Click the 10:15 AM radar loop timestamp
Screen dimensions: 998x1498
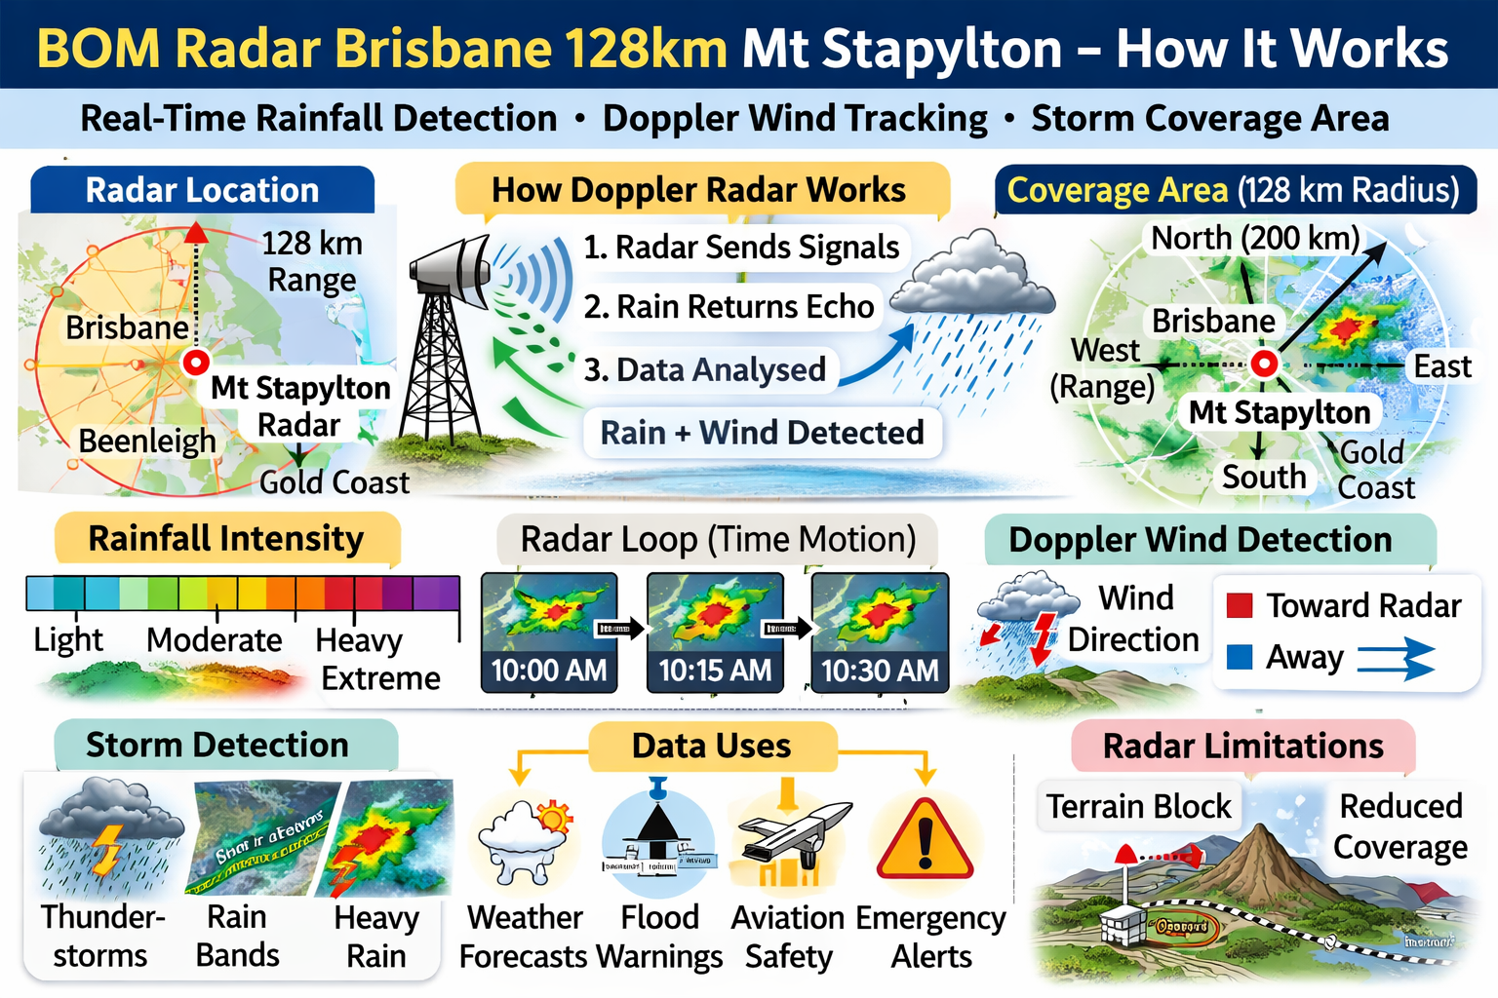click(x=715, y=671)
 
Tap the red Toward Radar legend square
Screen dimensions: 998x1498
click(x=1240, y=605)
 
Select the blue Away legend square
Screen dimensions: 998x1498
click(x=1240, y=656)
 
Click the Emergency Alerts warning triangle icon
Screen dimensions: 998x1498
click(x=925, y=841)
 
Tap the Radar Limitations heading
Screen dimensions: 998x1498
click(x=1242, y=746)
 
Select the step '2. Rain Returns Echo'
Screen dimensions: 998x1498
click(x=729, y=306)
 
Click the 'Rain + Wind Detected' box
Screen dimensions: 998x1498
click(x=762, y=432)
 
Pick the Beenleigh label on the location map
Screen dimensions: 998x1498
click(x=147, y=441)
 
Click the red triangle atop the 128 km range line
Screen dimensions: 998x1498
click(x=196, y=232)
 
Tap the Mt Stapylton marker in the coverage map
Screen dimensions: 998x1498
click(x=1264, y=365)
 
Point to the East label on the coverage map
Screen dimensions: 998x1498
click(x=1442, y=366)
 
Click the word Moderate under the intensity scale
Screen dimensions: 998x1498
click(x=214, y=640)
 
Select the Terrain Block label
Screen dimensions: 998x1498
click(x=1138, y=806)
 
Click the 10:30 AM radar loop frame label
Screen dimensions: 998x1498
click(x=880, y=671)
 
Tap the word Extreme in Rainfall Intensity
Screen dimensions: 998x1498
click(x=380, y=678)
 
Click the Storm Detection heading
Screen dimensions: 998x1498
click(x=217, y=745)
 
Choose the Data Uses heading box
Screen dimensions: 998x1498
click(x=712, y=746)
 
